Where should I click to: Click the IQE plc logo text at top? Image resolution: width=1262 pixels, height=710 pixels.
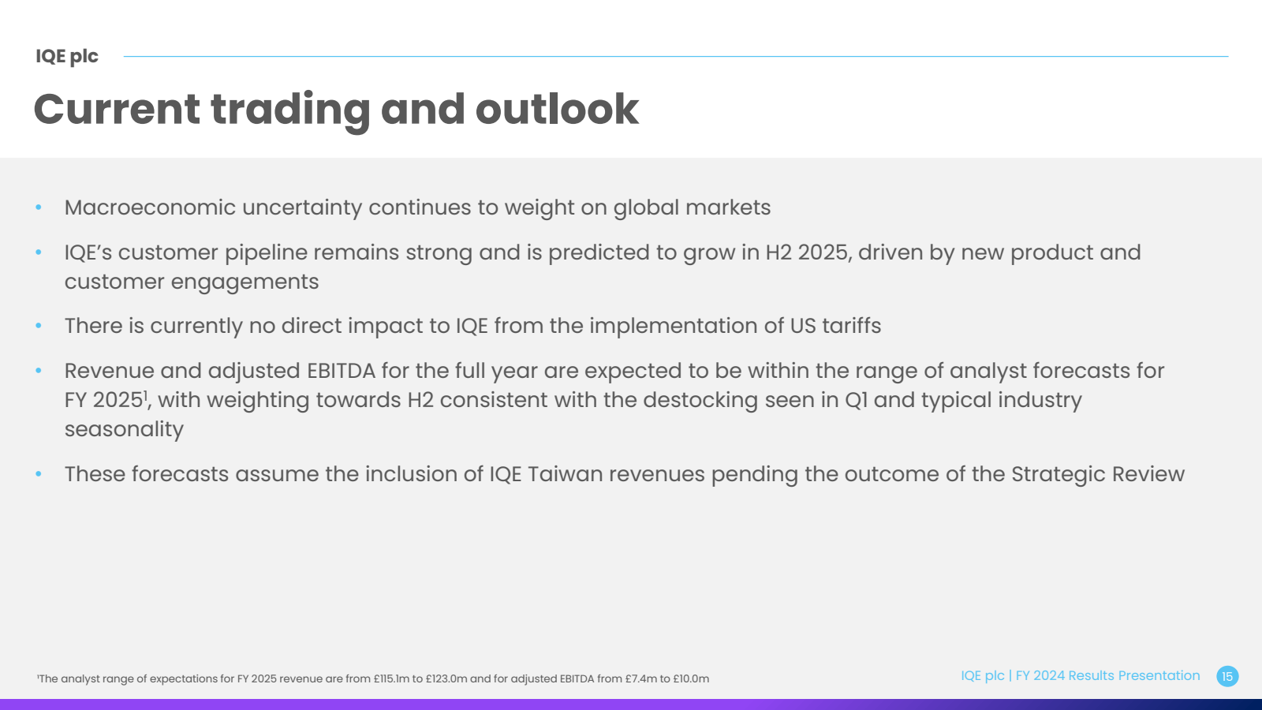pos(66,56)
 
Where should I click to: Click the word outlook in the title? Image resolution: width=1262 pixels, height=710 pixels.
pos(557,109)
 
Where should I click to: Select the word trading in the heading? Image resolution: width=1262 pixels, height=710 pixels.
pos(290,111)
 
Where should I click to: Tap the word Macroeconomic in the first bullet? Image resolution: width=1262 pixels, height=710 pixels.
pos(150,207)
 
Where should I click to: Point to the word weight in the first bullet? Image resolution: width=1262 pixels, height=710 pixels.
pos(540,208)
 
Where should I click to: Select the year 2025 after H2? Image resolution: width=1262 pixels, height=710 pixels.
pos(824,252)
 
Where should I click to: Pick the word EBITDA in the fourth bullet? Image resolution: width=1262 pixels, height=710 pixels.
pos(341,371)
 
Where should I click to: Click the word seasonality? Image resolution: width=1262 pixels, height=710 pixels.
pos(124,430)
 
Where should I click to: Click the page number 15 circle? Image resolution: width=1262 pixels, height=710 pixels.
pos(1227,676)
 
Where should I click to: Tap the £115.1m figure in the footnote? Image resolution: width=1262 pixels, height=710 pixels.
pos(391,679)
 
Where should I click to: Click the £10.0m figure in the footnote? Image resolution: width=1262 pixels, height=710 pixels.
pos(691,679)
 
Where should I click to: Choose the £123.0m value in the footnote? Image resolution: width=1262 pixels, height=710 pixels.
pos(446,679)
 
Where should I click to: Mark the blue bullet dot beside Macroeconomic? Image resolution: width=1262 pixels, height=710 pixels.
pos(39,207)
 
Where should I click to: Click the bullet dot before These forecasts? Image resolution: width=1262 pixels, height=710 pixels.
pos(39,474)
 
